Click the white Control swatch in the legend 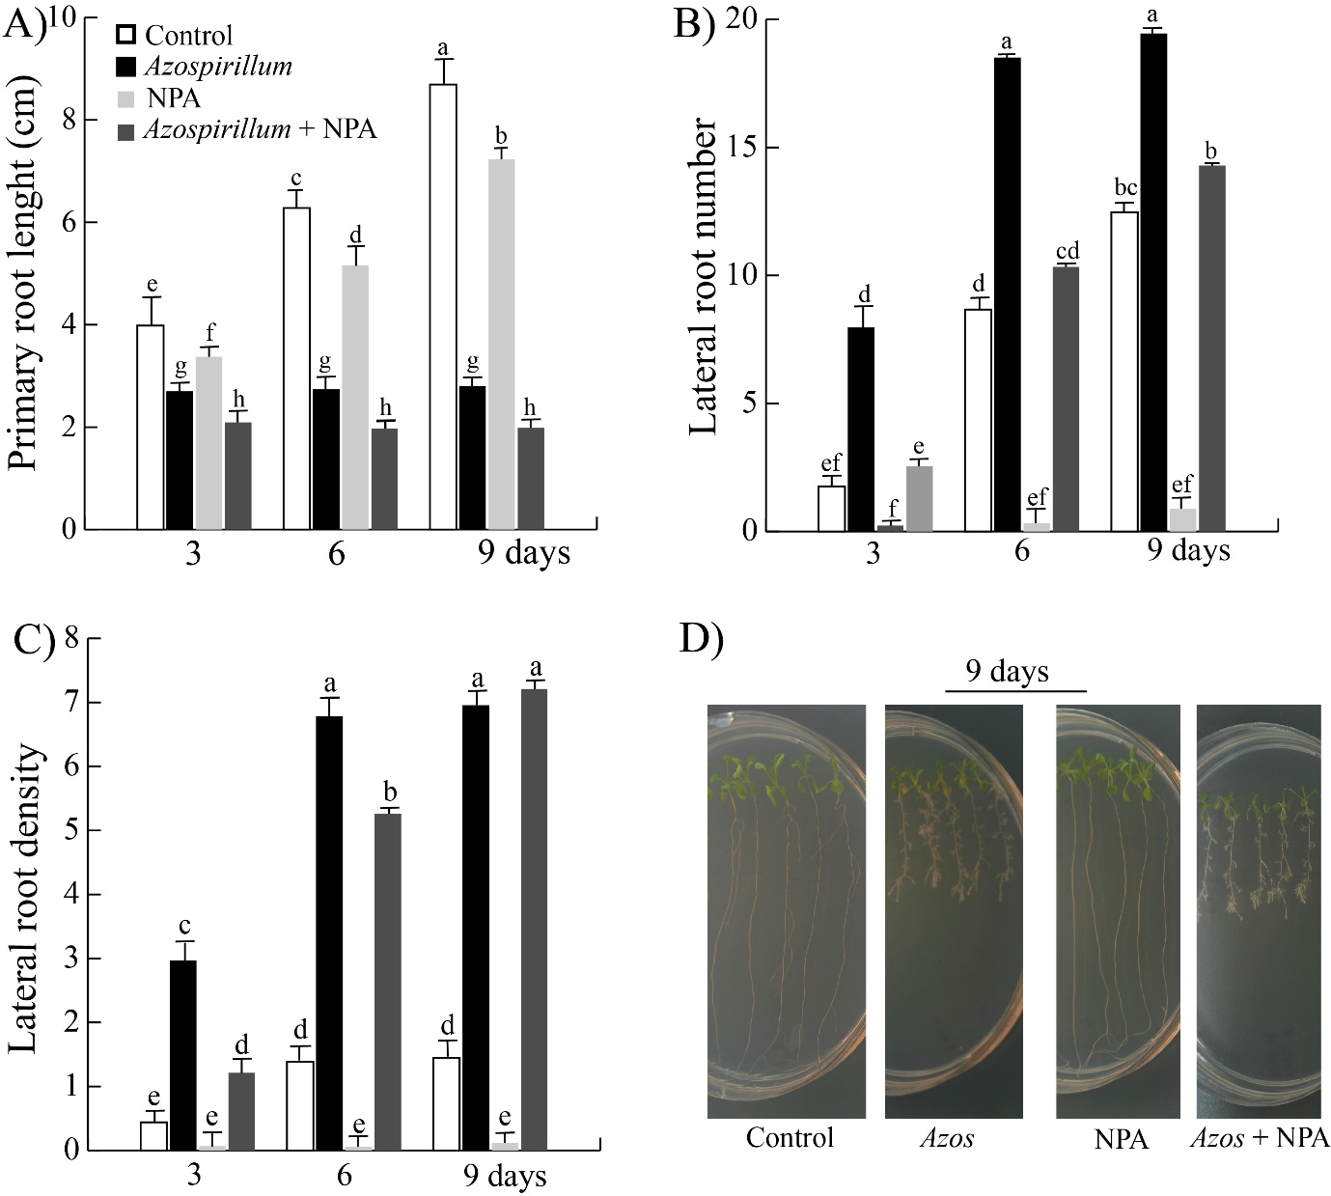(125, 35)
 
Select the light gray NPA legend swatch (125, 98)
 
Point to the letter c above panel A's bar (296, 179)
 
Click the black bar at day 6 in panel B (1007, 293)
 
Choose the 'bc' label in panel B (1125, 187)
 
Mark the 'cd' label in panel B (1067, 251)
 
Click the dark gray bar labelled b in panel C (388, 981)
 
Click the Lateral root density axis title (25, 898)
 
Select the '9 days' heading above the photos (1007, 671)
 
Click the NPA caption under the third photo (1121, 1139)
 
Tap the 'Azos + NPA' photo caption (1259, 1138)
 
